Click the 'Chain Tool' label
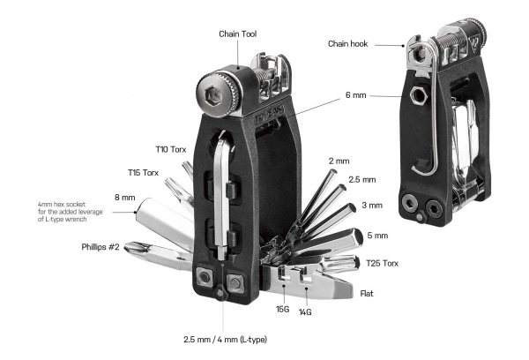pos(238,34)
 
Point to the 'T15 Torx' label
pos(144,173)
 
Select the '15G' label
pos(282,310)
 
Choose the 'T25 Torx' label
pos(385,263)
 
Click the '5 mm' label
pos(376,235)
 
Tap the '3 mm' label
pos(372,206)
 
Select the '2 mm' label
pos(339,161)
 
